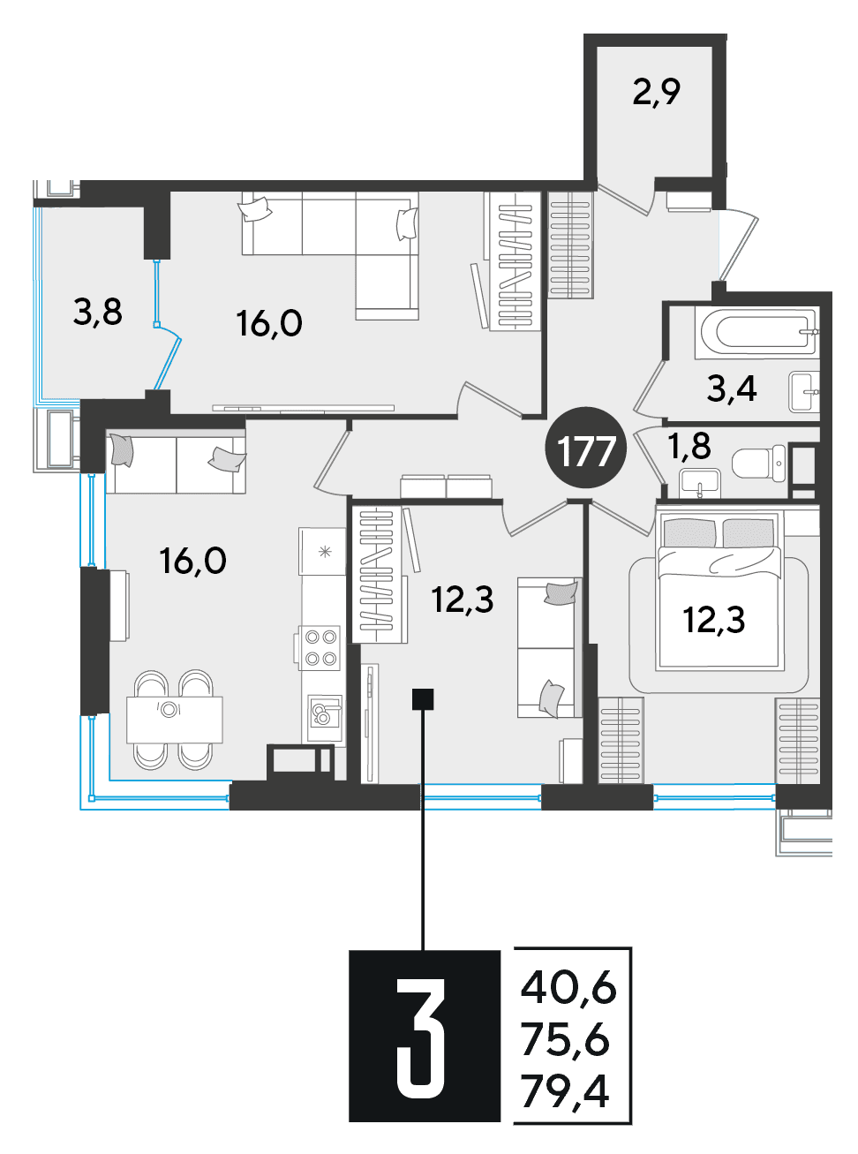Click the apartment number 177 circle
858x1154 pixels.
(x=585, y=448)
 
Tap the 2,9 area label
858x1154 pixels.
(x=657, y=94)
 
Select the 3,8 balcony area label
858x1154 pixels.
(x=98, y=313)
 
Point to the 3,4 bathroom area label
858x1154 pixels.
(x=732, y=389)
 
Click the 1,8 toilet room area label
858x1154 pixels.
(x=690, y=447)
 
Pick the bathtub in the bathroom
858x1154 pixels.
(x=757, y=332)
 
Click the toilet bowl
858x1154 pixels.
(x=758, y=462)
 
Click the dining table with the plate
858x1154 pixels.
(x=174, y=720)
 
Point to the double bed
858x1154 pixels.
(x=720, y=591)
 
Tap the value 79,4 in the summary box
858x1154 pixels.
(x=565, y=1090)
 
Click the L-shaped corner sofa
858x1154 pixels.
(x=331, y=255)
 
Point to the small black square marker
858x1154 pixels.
(x=423, y=698)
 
